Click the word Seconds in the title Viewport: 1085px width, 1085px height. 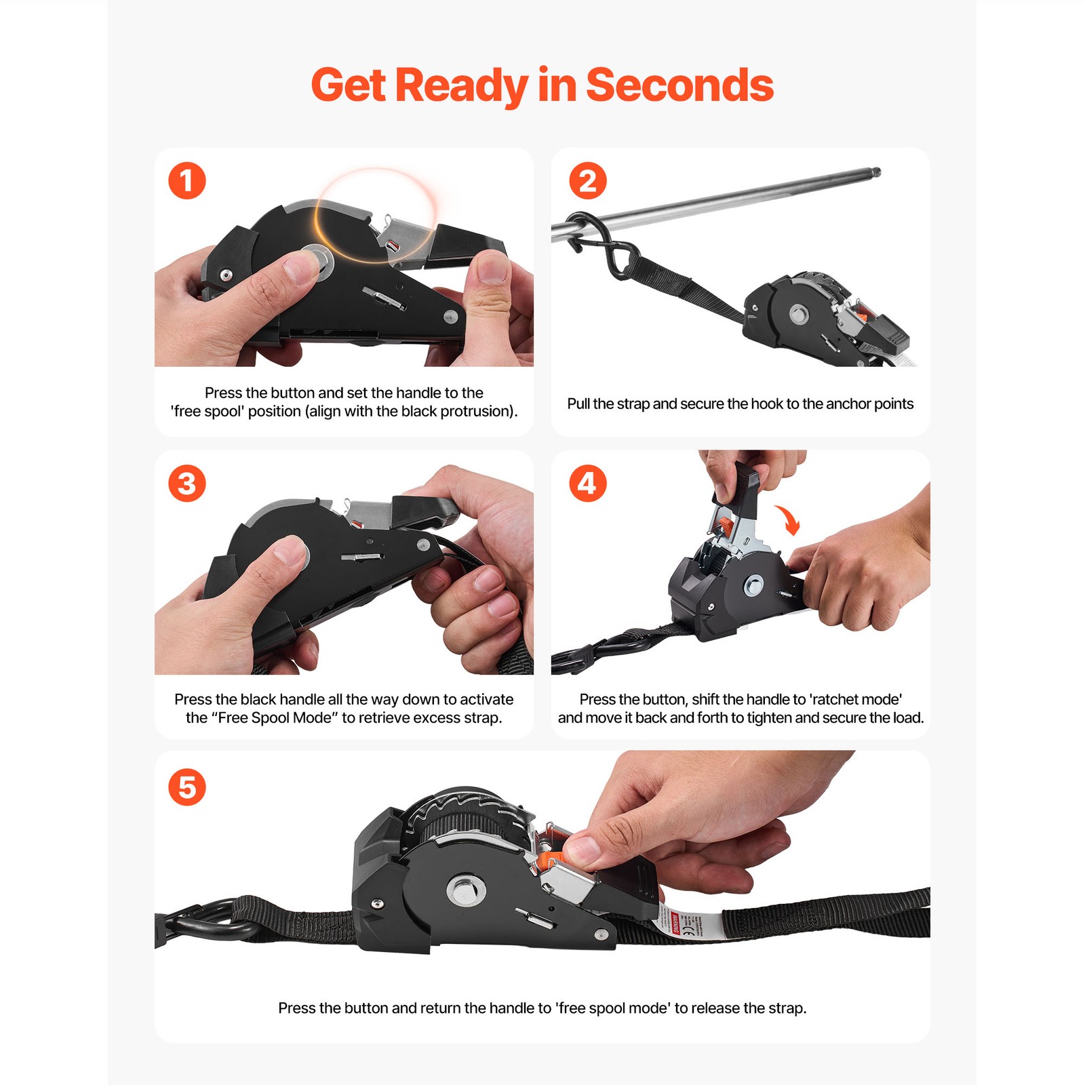679,85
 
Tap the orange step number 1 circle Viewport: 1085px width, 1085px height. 186,180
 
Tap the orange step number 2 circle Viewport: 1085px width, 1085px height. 587,180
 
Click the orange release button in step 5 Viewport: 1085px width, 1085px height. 551,859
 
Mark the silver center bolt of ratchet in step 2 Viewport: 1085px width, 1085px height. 799,314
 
